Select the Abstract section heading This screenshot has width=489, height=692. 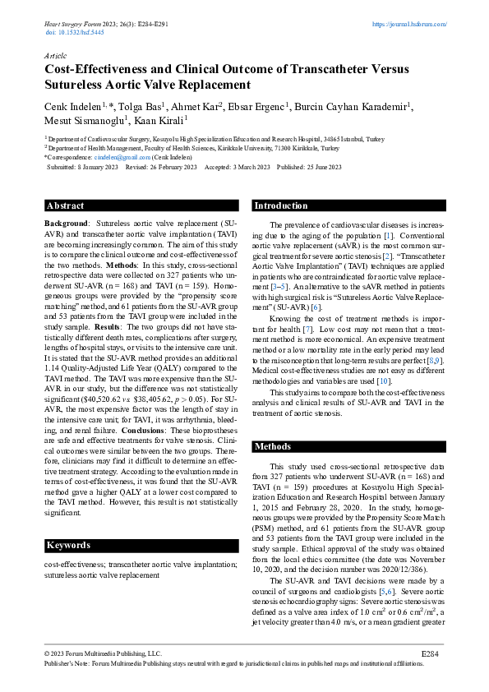tap(66, 205)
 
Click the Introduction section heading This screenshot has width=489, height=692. tap(281, 205)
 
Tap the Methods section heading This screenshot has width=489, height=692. tap(274, 446)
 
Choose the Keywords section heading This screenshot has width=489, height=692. tap(68, 545)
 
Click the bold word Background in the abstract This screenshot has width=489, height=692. tap(65, 224)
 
